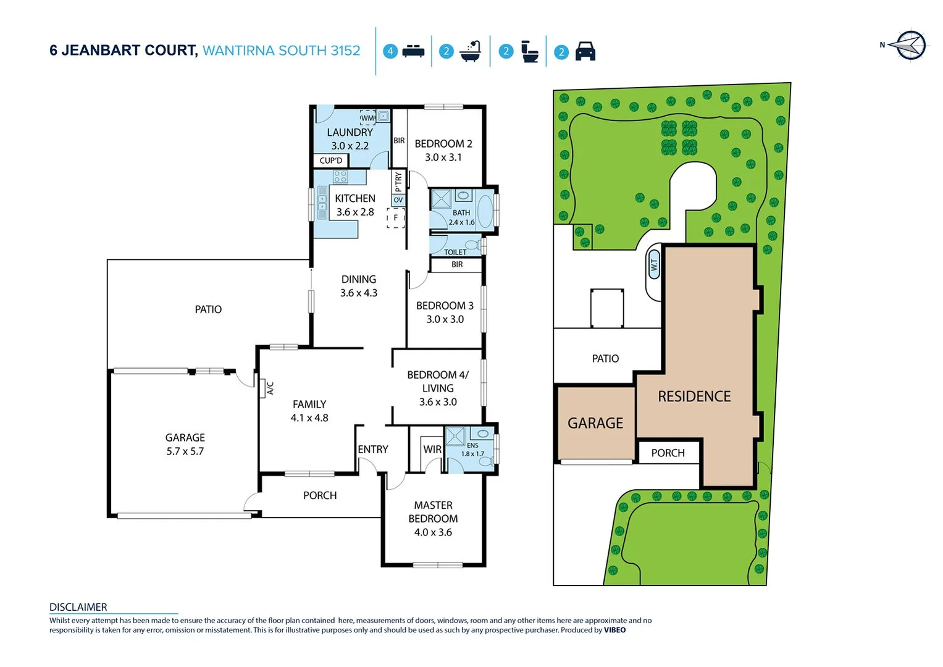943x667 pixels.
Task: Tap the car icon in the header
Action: coord(585,51)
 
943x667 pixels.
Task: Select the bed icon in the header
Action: coord(413,51)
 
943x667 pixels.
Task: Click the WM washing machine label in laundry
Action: coord(367,117)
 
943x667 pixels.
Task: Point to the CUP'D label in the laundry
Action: coord(331,161)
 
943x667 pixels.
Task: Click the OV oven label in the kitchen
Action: coord(398,200)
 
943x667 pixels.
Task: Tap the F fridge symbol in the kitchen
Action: coord(396,218)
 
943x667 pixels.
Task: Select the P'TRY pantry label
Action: coord(398,182)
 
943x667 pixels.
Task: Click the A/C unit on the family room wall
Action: coord(269,388)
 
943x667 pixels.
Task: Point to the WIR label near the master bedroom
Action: coord(432,450)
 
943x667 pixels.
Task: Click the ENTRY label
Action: coord(373,450)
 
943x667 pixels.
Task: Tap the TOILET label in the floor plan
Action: coord(455,252)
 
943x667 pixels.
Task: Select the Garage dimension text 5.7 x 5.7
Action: coord(185,451)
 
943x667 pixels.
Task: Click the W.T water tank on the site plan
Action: coord(654,266)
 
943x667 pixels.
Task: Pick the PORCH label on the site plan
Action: coord(668,453)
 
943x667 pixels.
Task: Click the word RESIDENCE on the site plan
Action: coord(694,396)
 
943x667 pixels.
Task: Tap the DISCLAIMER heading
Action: coord(78,607)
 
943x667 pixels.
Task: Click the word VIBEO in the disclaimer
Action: coord(614,630)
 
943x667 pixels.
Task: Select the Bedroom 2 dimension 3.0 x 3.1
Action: coord(443,157)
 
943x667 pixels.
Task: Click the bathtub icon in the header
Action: coord(471,51)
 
